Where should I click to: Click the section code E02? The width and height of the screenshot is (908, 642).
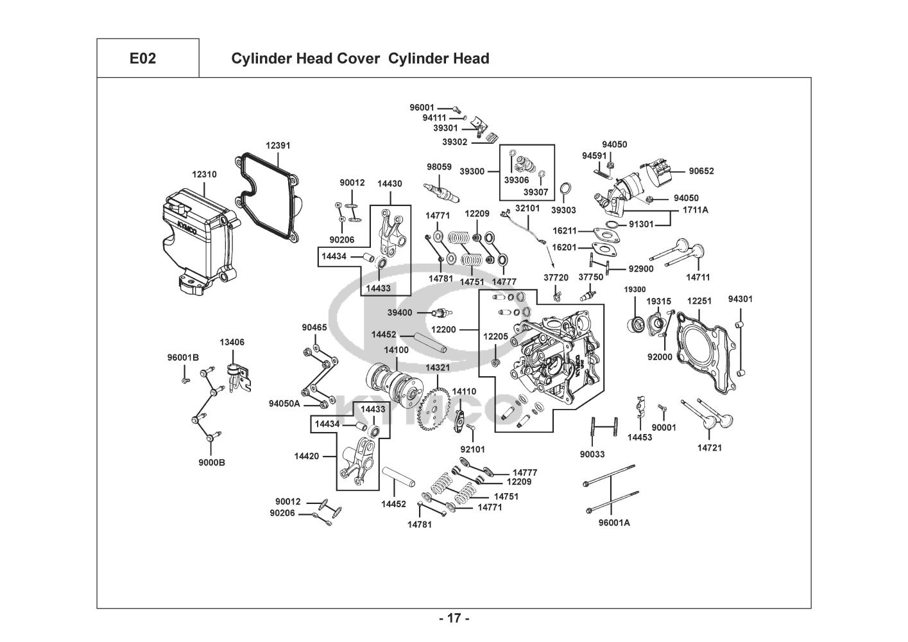click(x=142, y=58)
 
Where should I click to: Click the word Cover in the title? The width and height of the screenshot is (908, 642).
click(x=357, y=58)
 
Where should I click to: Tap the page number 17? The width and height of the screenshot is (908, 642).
click(x=454, y=618)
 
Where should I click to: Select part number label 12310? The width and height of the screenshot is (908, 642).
click(x=204, y=175)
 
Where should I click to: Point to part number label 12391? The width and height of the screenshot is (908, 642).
click(x=278, y=145)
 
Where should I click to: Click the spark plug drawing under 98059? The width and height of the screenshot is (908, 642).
click(x=441, y=193)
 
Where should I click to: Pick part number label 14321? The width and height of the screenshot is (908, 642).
click(x=438, y=367)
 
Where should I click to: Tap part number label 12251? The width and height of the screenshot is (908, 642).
click(x=699, y=301)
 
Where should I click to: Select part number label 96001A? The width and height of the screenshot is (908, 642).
click(x=614, y=523)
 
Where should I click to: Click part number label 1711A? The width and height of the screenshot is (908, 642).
click(x=696, y=210)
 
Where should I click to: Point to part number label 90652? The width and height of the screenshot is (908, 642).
click(x=701, y=171)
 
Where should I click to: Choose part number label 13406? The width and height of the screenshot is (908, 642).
click(x=232, y=342)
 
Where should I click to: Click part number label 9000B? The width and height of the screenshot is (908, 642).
click(x=212, y=462)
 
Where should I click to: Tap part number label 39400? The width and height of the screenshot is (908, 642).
click(x=400, y=312)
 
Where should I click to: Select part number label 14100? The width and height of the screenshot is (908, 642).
click(x=397, y=350)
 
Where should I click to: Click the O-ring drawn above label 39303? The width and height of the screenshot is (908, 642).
click(x=565, y=189)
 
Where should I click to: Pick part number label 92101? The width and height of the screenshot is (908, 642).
click(x=473, y=449)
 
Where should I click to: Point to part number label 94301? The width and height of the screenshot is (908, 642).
click(x=740, y=299)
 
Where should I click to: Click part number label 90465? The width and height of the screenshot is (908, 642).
click(x=314, y=327)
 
